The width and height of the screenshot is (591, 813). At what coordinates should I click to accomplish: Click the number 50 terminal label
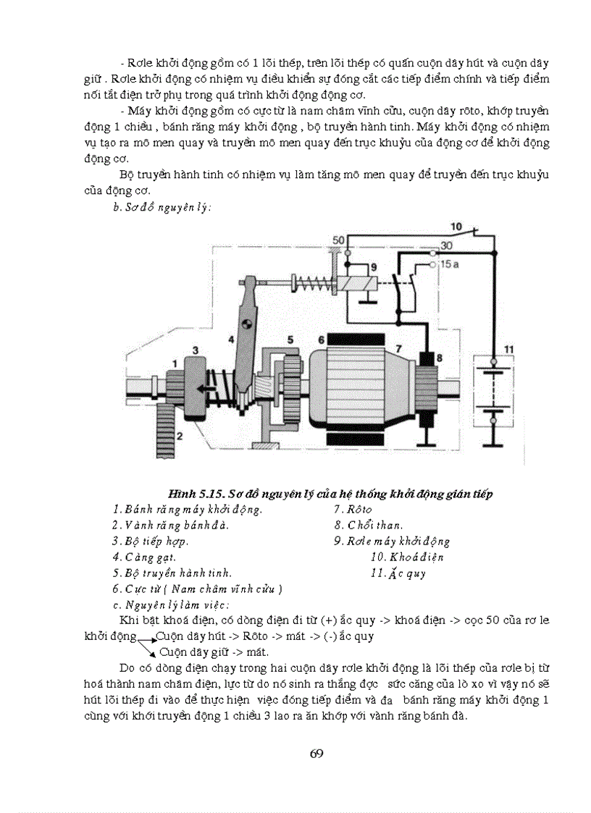point(338,240)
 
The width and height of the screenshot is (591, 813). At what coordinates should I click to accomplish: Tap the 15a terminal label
point(449,265)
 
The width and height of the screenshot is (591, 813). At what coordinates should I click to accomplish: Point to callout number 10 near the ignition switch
point(456,225)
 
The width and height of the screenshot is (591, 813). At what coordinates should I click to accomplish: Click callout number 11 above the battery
point(508,349)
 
